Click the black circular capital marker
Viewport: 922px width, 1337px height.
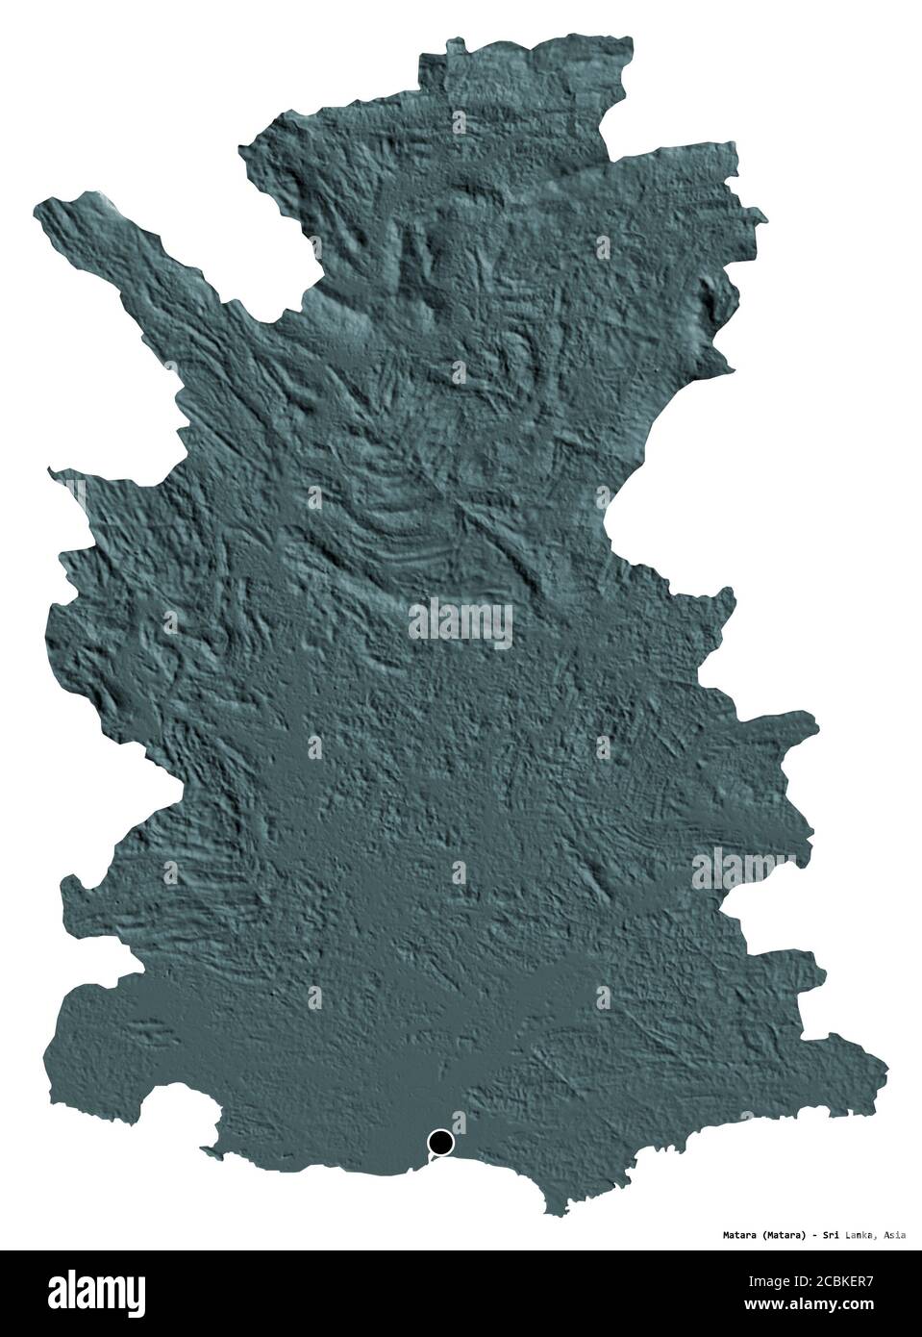[x=440, y=1143]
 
